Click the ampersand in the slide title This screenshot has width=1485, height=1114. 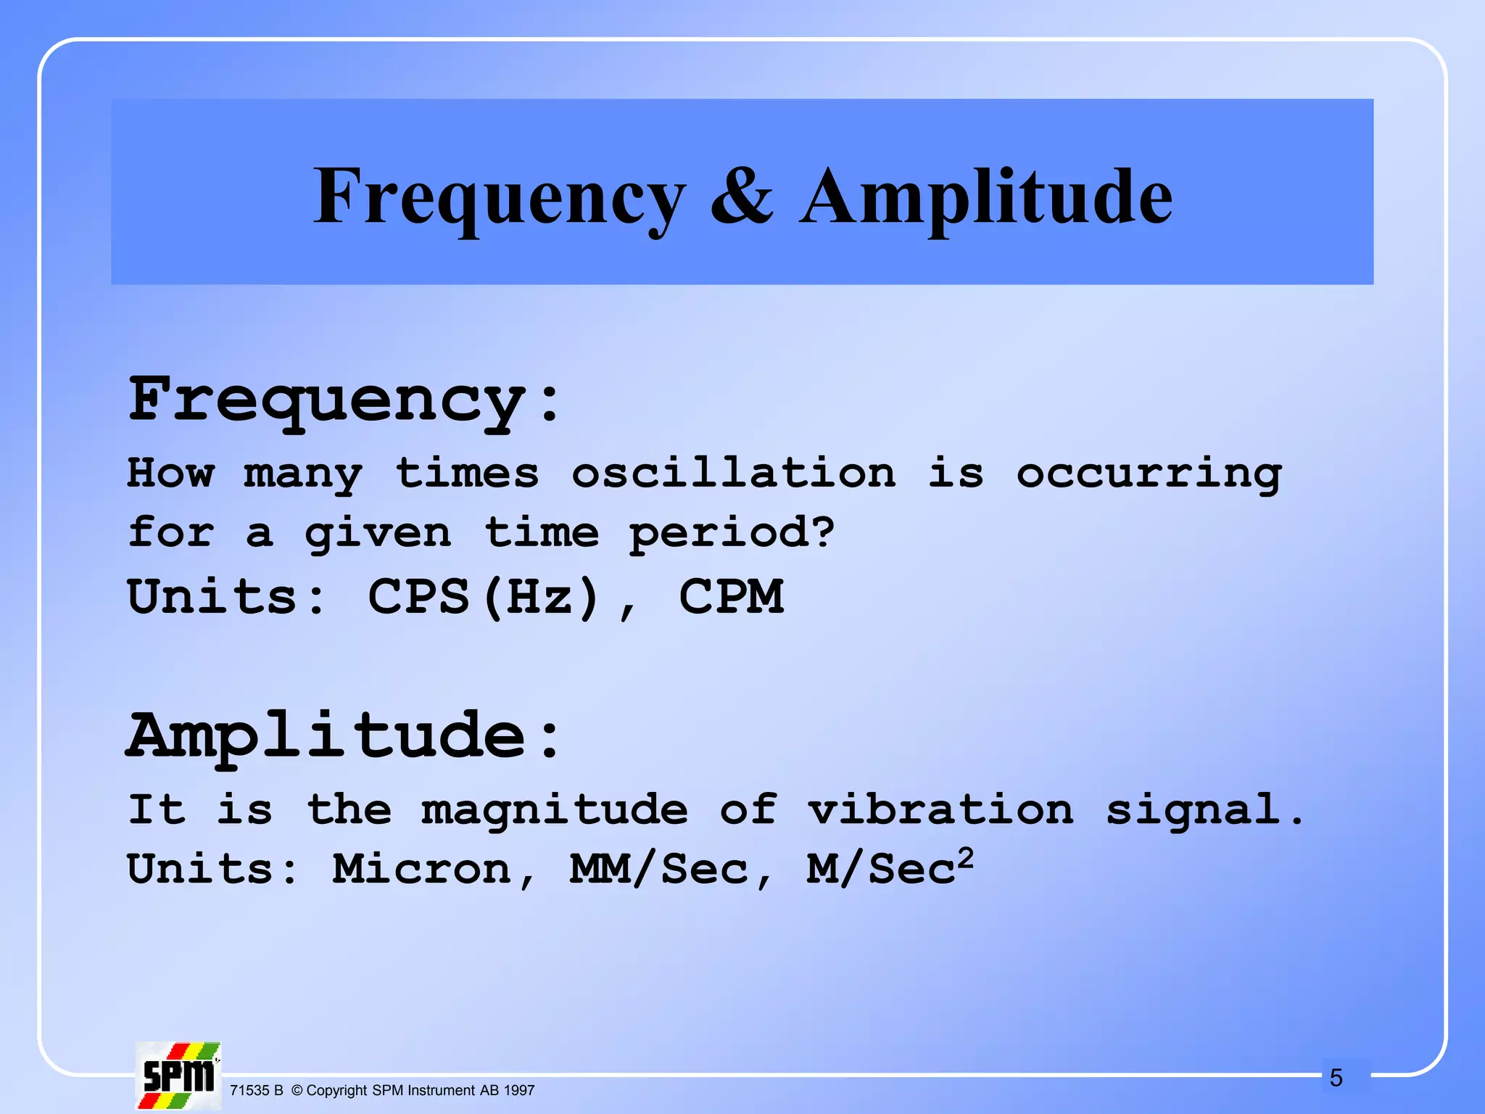tap(741, 196)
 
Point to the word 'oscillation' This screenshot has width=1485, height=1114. tap(733, 473)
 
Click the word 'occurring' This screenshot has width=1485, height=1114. tap(1149, 474)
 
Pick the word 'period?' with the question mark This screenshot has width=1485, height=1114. tap(732, 534)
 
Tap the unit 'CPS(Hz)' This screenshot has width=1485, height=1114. tap(484, 597)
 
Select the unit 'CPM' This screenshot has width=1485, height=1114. tap(731, 597)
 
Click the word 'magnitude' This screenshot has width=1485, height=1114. tap(555, 810)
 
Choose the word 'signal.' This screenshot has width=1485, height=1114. tap(1204, 810)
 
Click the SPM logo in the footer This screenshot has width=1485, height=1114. tap(178, 1076)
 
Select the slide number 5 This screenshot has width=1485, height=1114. tap(1336, 1078)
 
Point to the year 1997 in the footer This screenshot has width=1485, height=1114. tap(518, 1090)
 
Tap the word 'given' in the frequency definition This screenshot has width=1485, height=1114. tap(378, 534)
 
